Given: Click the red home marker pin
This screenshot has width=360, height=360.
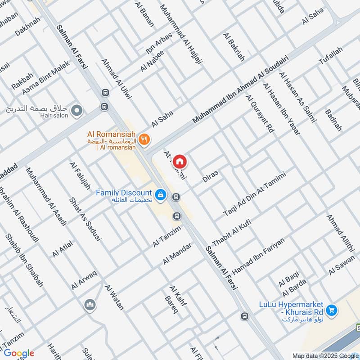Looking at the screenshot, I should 180,161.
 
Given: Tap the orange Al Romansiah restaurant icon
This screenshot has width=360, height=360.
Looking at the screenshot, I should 144,139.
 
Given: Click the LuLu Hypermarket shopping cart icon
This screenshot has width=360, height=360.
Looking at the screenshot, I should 332,310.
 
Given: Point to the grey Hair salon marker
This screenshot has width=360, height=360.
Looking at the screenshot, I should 77,109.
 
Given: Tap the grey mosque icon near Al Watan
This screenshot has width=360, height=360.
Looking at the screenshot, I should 90,305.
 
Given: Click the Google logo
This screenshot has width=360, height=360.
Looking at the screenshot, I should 19,353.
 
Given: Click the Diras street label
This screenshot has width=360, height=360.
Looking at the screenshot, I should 210,176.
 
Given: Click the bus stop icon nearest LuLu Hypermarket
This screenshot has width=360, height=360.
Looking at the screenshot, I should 244,316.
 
